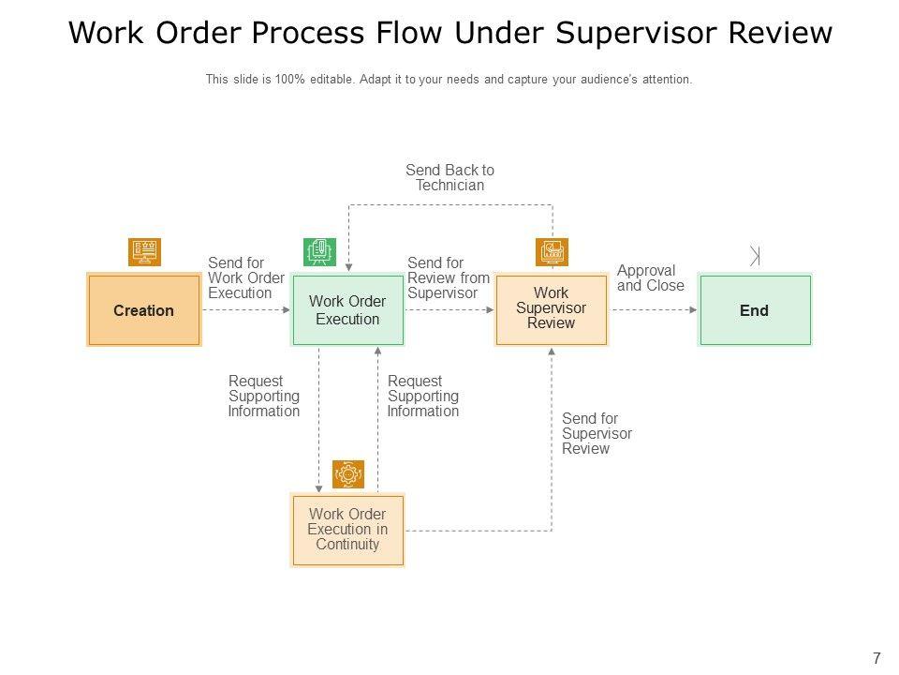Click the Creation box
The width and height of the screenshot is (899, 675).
(143, 310)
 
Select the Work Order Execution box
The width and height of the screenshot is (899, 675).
(347, 310)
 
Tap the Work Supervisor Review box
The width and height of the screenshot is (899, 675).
(552, 309)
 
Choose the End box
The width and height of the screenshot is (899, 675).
(754, 310)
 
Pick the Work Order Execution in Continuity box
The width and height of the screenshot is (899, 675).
(347, 530)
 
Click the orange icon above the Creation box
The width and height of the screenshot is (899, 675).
(144, 251)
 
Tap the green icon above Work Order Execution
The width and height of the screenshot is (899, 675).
(319, 251)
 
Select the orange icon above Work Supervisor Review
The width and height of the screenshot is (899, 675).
(552, 251)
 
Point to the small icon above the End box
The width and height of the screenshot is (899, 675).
(755, 255)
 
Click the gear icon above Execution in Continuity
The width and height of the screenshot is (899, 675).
(348, 474)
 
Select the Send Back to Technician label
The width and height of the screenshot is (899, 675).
(449, 178)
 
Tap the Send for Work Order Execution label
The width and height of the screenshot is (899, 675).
(245, 278)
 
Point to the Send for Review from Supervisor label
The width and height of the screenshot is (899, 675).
(449, 278)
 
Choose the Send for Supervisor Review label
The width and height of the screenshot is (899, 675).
(597, 434)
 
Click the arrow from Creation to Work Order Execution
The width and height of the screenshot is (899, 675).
(245, 310)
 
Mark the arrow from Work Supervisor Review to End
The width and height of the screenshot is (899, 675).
(653, 310)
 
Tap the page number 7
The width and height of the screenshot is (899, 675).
(877, 658)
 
